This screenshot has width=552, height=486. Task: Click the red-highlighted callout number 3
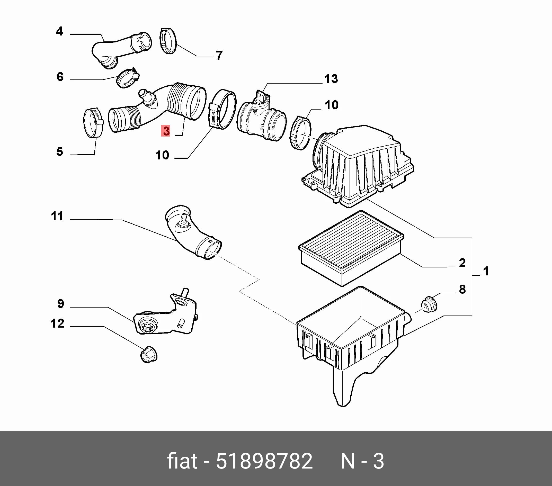click(166, 131)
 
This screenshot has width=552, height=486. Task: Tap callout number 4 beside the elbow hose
click(59, 31)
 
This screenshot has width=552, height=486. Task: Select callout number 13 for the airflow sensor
click(331, 79)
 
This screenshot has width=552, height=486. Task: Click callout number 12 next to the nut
click(57, 323)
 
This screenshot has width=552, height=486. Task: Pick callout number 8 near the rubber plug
click(462, 289)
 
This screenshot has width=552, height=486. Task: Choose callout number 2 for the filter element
click(462, 263)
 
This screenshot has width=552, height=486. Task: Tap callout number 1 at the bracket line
click(486, 271)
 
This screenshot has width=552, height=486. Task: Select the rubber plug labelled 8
click(429, 304)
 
